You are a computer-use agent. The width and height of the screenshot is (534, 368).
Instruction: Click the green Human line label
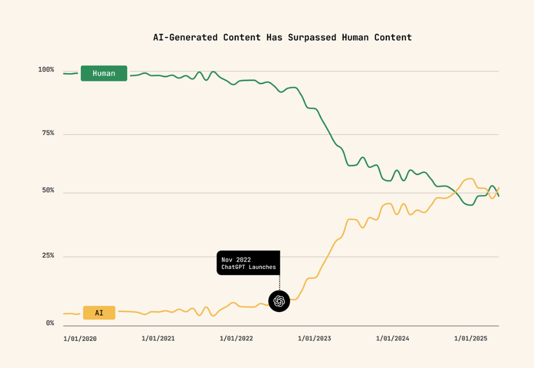[104, 74]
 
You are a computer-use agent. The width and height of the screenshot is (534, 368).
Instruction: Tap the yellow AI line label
[99, 313]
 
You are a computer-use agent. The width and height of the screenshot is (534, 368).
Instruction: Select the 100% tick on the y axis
[46, 70]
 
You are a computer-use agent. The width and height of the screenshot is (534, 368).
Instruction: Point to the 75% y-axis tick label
[46, 133]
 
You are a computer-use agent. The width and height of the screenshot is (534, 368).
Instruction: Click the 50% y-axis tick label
[46, 191]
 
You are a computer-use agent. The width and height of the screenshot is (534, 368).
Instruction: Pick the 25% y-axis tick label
[46, 256]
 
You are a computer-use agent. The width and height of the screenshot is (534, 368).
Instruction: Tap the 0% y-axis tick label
[50, 323]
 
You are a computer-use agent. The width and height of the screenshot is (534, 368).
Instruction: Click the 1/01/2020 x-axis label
[80, 339]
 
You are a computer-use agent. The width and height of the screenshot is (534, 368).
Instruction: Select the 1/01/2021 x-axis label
[158, 339]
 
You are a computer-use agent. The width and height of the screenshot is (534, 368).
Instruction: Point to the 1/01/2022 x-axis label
[236, 339]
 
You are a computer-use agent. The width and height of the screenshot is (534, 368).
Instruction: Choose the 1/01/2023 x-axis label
[314, 339]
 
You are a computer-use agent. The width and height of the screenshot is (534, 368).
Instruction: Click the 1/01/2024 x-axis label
[392, 339]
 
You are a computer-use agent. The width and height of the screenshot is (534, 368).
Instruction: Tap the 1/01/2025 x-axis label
[470, 339]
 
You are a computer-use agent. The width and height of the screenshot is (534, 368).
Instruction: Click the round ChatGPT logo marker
[279, 301]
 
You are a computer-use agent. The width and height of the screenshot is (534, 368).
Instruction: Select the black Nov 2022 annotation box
[248, 263]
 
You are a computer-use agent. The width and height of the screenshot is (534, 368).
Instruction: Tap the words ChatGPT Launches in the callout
[248, 267]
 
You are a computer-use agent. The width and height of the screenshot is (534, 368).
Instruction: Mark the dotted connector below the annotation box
[279, 282]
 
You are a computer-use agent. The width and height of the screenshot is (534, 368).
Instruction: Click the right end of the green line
[498, 195]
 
